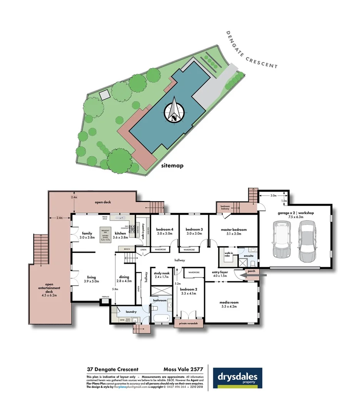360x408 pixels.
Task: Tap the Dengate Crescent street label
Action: (252, 50)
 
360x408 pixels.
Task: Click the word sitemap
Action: (172, 166)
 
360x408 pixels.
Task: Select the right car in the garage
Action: (307, 241)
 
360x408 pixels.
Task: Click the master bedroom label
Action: (233, 232)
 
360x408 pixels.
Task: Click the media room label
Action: (228, 304)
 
